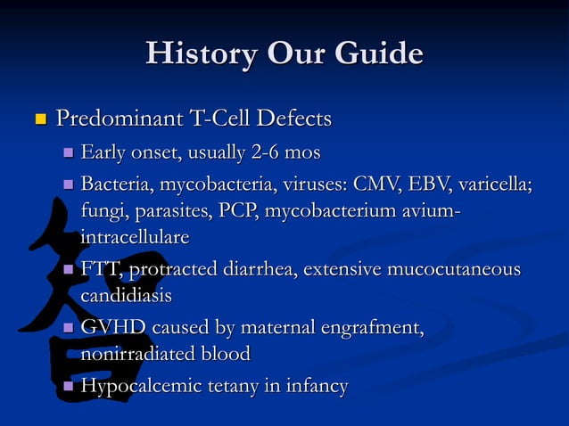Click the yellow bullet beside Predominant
pyautogui.click(x=38, y=119)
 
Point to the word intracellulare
pyautogui.click(x=135, y=238)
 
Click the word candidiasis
pyautogui.click(x=126, y=295)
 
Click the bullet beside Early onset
pyautogui.click(x=68, y=154)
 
